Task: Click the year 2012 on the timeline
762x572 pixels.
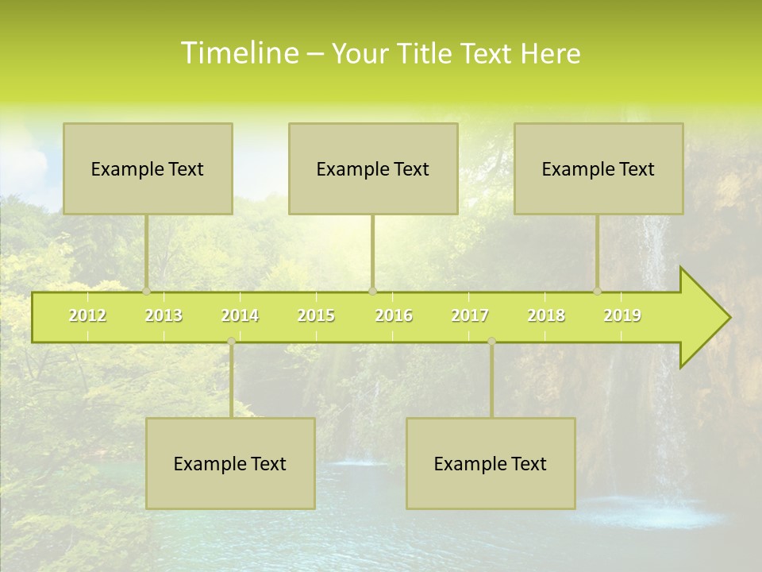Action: click(87, 315)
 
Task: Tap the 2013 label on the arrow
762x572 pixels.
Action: click(164, 315)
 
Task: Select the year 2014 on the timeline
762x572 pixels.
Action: click(240, 315)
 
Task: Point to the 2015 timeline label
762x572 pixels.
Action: click(316, 315)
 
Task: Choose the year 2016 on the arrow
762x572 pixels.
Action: click(394, 315)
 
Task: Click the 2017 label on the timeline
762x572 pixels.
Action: click(470, 315)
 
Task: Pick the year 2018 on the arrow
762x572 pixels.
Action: click(546, 315)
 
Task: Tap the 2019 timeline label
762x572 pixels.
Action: click(622, 315)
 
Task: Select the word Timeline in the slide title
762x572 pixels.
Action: click(239, 53)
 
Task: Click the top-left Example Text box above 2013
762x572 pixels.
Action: click(148, 168)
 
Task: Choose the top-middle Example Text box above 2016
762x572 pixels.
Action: click(373, 168)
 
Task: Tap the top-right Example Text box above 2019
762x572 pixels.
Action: click(598, 168)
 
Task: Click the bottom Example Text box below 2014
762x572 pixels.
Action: click(230, 463)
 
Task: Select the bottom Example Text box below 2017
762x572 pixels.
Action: click(491, 463)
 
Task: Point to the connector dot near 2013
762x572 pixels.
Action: click(146, 292)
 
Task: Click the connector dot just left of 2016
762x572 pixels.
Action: click(372, 292)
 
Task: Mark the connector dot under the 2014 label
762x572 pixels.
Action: click(231, 342)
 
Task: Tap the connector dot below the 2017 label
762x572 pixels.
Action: click(491, 342)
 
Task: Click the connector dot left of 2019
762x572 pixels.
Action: click(597, 292)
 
